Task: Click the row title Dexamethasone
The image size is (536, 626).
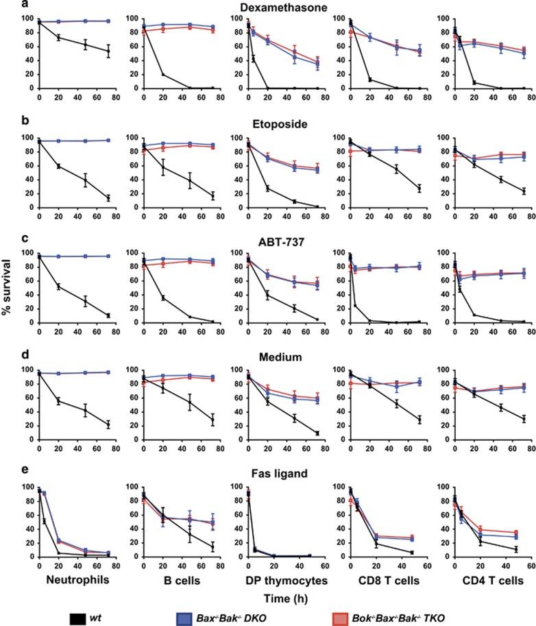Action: [280, 8]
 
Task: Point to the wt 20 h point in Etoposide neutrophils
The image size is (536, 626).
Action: [58, 166]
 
